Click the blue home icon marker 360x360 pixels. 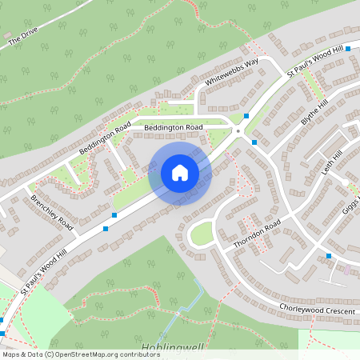tap(180, 173)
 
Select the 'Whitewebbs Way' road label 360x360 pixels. tap(232, 73)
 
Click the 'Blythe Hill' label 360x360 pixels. tap(314, 116)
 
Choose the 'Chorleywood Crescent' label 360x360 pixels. tap(317, 308)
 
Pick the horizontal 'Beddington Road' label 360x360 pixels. tap(174, 127)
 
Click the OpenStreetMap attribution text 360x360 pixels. tap(81, 354)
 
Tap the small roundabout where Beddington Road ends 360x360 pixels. tap(238, 131)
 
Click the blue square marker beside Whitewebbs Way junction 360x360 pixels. tap(246, 117)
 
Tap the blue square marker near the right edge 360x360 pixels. tap(329, 256)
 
